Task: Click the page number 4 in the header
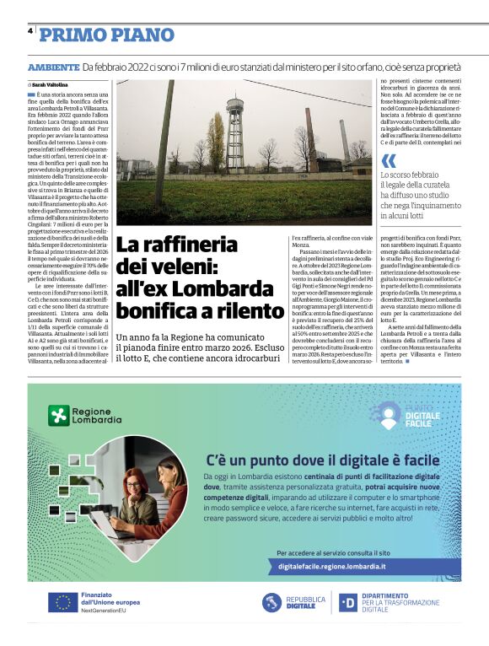pos(30,31)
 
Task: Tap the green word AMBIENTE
pos(52,67)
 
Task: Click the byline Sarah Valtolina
pos(50,84)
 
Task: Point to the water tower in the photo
pos(235,127)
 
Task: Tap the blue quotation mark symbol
pos(387,159)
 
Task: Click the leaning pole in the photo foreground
pos(163,143)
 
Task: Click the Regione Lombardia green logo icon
pos(58,415)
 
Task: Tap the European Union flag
pos(62,602)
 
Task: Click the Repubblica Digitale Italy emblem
pos(271,602)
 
